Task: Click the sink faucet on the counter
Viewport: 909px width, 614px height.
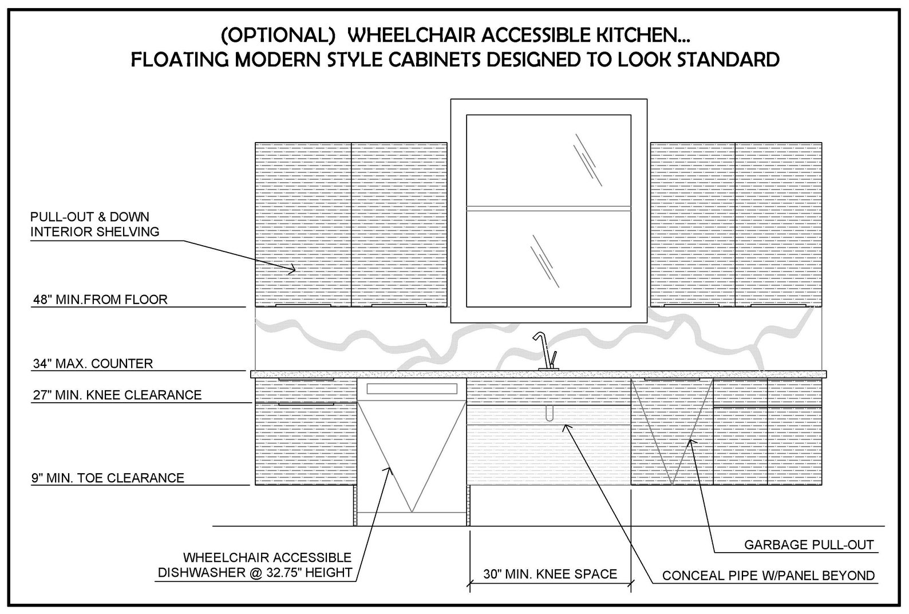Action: coord(547,352)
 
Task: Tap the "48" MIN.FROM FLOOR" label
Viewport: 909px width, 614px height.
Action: coord(100,300)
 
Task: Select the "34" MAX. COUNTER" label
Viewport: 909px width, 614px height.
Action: coord(93,364)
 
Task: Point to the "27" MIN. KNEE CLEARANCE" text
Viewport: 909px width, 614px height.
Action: coord(117,395)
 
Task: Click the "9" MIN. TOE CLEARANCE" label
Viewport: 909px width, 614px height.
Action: coord(108,478)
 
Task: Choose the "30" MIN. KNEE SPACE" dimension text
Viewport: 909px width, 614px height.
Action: coord(550,574)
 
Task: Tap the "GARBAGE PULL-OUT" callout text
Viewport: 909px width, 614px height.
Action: coord(809,545)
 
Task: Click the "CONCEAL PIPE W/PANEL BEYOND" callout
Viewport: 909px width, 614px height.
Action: coord(768,576)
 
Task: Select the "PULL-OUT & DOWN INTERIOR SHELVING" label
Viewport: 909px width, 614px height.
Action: coord(95,224)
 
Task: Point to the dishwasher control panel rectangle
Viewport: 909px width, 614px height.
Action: coord(412,389)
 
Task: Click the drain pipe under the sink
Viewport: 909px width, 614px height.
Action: coord(550,412)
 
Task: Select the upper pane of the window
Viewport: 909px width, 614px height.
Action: coord(548,160)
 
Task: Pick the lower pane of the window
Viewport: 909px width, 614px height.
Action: coord(548,259)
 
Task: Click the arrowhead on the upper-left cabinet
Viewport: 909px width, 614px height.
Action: coord(292,269)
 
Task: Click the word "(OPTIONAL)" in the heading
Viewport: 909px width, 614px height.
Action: coord(278,36)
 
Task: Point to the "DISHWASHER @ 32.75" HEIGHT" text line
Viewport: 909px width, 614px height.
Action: coord(255,573)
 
